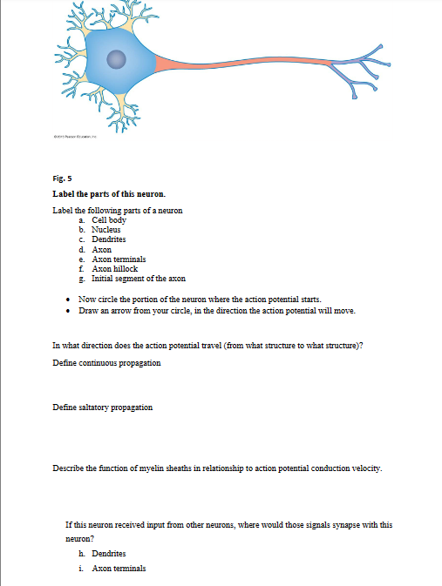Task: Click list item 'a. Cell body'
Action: tap(103, 221)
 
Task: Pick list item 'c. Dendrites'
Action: tap(103, 239)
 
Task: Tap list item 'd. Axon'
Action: tap(95, 250)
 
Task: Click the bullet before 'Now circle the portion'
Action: tap(68, 299)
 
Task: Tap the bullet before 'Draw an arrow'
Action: tap(68, 310)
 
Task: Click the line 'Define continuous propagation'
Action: tap(106, 361)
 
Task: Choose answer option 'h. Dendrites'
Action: tap(103, 554)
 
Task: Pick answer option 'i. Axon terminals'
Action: tap(112, 569)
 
